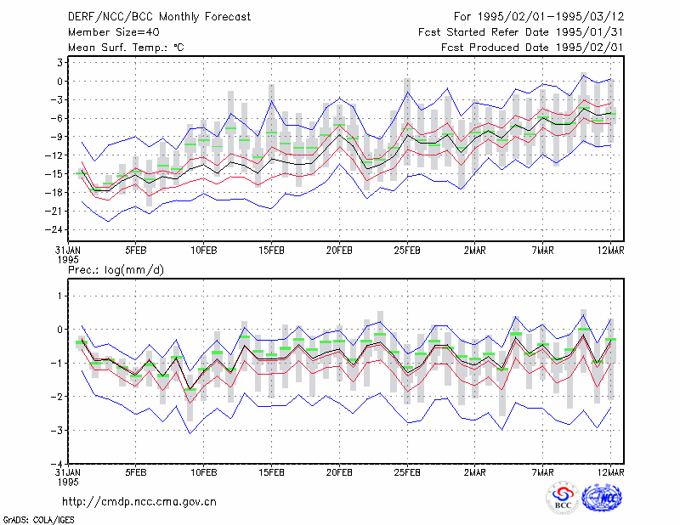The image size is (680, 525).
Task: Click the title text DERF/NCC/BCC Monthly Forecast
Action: (x=159, y=17)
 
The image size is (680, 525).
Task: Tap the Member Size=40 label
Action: (x=114, y=32)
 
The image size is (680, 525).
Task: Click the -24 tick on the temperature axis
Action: (x=54, y=229)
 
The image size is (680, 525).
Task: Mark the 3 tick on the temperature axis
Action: (x=59, y=62)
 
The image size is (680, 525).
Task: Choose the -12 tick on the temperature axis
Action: (x=54, y=155)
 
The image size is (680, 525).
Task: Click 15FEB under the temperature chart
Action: (x=271, y=251)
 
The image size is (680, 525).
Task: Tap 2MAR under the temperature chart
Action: (x=475, y=251)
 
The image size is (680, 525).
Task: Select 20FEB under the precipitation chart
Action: (x=339, y=472)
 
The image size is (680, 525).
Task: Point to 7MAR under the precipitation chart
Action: (x=542, y=472)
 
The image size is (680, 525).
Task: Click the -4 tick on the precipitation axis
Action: (x=57, y=464)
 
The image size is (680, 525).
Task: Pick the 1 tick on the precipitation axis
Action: (x=60, y=296)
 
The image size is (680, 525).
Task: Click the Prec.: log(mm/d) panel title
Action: (x=116, y=270)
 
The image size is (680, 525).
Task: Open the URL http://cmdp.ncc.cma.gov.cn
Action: (x=139, y=502)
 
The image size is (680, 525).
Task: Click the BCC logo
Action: (x=563, y=498)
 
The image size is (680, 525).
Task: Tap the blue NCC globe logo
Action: (x=602, y=498)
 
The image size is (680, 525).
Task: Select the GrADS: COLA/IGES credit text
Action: (x=38, y=520)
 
